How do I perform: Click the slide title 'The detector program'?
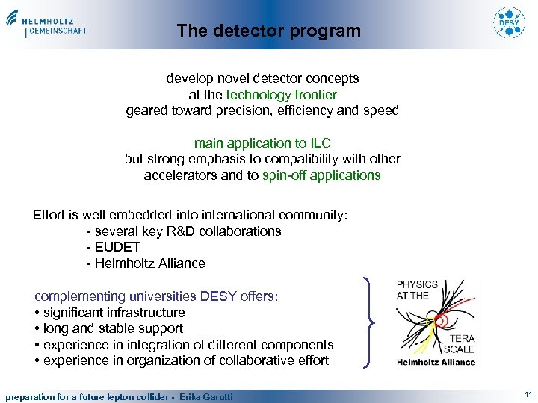pos(268,31)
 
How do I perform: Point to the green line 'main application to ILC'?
pos(262,143)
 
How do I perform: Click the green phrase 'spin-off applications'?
pos(321,175)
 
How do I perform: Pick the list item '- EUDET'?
pos(114,247)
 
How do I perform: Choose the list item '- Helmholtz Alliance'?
pos(146,263)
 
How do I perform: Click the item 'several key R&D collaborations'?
pos(185,231)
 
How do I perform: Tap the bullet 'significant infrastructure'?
pos(114,313)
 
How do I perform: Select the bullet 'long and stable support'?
pos(113,328)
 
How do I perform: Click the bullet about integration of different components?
pos(188,345)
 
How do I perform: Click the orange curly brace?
pos(371,322)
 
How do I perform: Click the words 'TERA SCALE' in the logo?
pos(459,344)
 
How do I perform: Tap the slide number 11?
pos(528,395)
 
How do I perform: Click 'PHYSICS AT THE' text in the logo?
pos(417,290)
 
